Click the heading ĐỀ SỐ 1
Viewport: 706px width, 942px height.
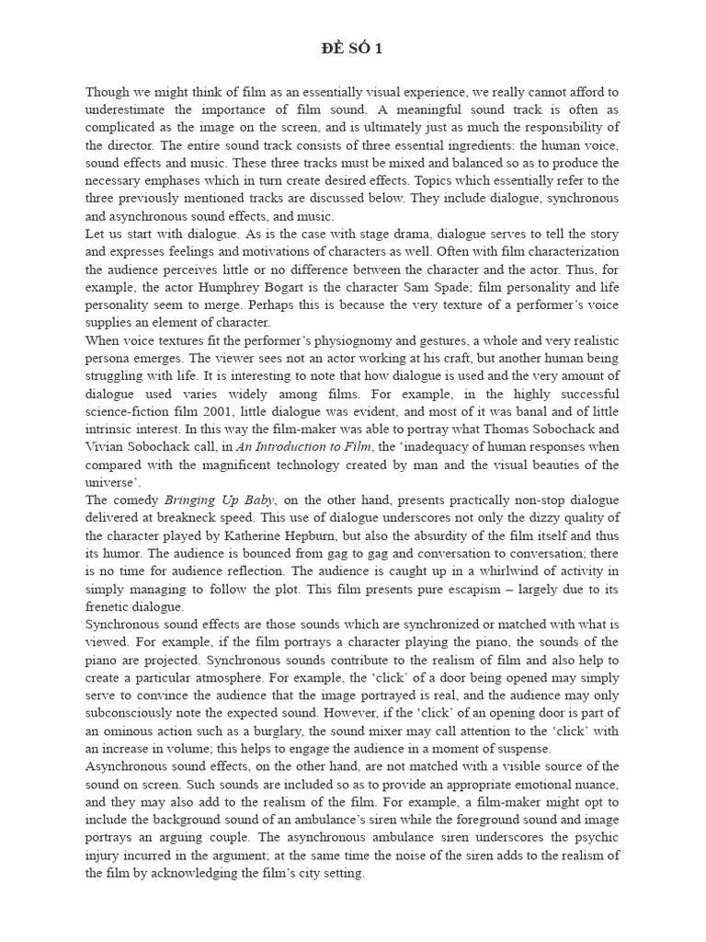(x=353, y=50)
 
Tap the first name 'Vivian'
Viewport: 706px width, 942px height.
(x=105, y=447)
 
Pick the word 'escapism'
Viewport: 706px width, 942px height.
(x=478, y=589)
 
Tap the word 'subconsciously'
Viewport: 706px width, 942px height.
(x=131, y=713)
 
